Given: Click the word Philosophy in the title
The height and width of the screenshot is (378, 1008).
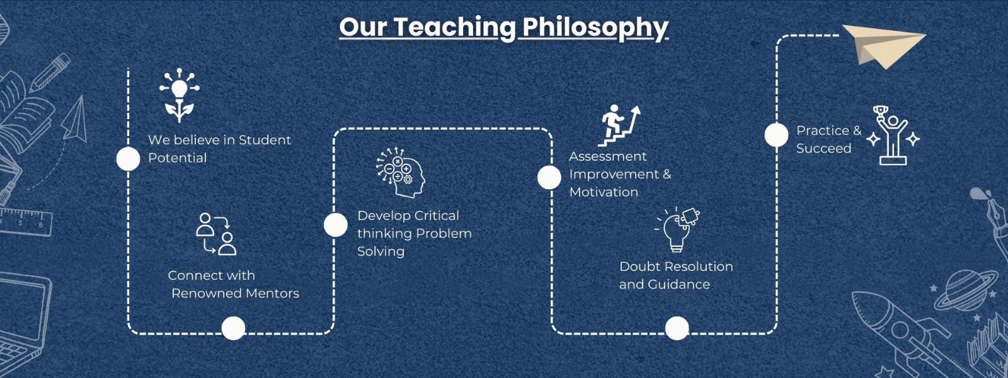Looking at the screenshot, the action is [x=595, y=28].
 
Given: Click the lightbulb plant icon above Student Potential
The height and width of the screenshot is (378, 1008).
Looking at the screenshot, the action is [x=179, y=95].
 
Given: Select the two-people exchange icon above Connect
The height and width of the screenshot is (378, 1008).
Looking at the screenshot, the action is [x=217, y=234].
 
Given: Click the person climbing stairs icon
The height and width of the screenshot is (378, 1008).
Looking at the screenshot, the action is [x=619, y=126].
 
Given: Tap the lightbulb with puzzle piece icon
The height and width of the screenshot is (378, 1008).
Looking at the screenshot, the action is [x=677, y=229].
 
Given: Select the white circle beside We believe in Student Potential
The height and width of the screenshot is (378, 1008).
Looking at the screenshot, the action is [x=129, y=159].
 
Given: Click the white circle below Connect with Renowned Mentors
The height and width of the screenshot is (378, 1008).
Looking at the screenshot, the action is [x=234, y=328].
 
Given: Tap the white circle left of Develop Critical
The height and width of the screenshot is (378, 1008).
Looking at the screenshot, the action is [x=336, y=224].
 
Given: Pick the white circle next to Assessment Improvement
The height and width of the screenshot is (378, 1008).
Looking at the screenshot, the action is [x=549, y=177].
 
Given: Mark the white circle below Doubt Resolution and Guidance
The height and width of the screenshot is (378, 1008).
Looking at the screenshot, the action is [x=677, y=328].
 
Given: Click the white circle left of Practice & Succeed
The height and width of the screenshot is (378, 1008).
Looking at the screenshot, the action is [x=777, y=135].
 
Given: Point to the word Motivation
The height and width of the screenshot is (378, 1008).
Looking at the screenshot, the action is [x=604, y=192].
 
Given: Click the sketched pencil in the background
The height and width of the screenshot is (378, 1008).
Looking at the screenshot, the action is [x=50, y=73].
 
